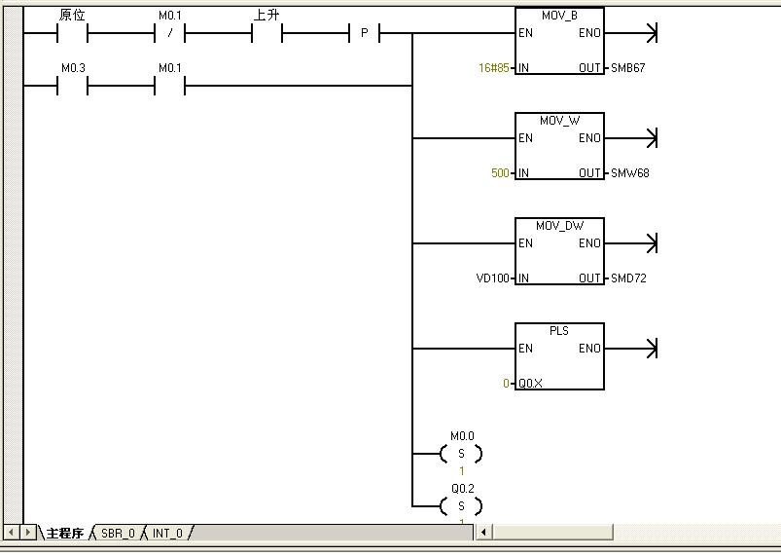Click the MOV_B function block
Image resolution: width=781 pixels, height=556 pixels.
[x=559, y=42]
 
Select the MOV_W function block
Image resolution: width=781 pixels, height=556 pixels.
[x=559, y=147]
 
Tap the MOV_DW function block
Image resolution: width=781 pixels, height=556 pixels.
[x=559, y=252]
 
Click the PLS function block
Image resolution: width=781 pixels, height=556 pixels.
[x=559, y=357]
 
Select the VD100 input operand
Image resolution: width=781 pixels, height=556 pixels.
[x=493, y=278]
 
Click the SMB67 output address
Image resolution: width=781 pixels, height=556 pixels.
[x=628, y=68]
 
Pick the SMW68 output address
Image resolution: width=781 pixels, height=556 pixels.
[x=629, y=173]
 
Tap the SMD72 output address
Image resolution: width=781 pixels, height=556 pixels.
[x=628, y=278]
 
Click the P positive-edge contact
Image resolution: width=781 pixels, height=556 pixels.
[x=365, y=34]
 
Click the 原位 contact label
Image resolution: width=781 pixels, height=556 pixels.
[x=73, y=16]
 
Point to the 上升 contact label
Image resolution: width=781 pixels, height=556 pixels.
[x=266, y=16]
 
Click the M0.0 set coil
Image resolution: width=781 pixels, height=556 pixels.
[x=461, y=454]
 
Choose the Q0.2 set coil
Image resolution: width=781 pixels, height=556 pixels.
[x=461, y=506]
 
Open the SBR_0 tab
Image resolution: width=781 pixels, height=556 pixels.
[x=118, y=534]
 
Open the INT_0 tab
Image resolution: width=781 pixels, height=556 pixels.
[x=167, y=534]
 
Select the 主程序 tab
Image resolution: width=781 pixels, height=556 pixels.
[x=65, y=534]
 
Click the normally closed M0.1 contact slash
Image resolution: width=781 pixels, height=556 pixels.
[x=169, y=34]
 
